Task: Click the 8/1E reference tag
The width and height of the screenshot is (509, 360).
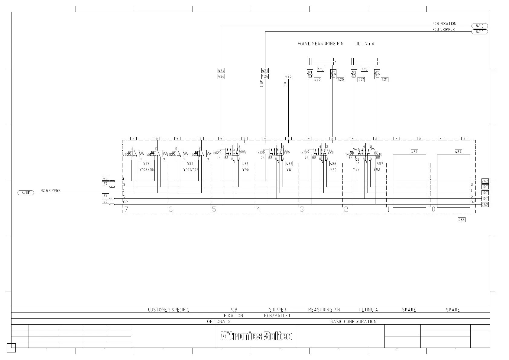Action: [480, 26]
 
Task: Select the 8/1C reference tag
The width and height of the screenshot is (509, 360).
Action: [480, 32]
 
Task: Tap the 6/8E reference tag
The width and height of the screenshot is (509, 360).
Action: [26, 193]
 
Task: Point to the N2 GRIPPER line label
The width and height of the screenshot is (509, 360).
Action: [50, 191]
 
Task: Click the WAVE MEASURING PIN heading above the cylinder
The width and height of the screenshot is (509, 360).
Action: [321, 44]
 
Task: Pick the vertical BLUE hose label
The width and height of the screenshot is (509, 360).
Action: [262, 84]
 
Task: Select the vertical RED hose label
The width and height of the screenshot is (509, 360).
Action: [285, 85]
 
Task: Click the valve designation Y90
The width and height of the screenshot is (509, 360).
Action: [245, 170]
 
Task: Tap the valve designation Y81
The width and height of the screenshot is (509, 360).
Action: [290, 170]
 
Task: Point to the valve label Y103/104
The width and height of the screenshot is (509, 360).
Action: [147, 170]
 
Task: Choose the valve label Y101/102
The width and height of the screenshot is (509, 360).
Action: [191, 170]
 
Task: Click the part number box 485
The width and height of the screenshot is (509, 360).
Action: [462, 220]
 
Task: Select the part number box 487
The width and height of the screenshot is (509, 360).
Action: [380, 163]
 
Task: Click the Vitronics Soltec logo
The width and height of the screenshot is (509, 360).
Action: [256, 336]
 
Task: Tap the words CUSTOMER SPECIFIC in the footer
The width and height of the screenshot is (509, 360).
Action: [168, 310]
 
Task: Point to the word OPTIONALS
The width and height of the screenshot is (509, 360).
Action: [219, 322]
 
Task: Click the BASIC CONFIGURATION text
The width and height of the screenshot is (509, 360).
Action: [353, 322]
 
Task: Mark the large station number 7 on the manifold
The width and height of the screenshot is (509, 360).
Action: [126, 209]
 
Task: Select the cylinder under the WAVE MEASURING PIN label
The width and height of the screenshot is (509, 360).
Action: [321, 61]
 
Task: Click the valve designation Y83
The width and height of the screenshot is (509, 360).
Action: [377, 169]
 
